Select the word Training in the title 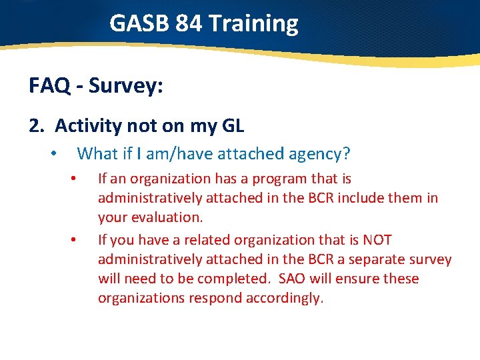pyautogui.click(x=253, y=23)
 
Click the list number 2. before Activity pyautogui.click(x=37, y=125)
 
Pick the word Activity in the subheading pyautogui.click(x=89, y=125)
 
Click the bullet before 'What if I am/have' pyautogui.click(x=53, y=154)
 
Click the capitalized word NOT pyautogui.click(x=375, y=239)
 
